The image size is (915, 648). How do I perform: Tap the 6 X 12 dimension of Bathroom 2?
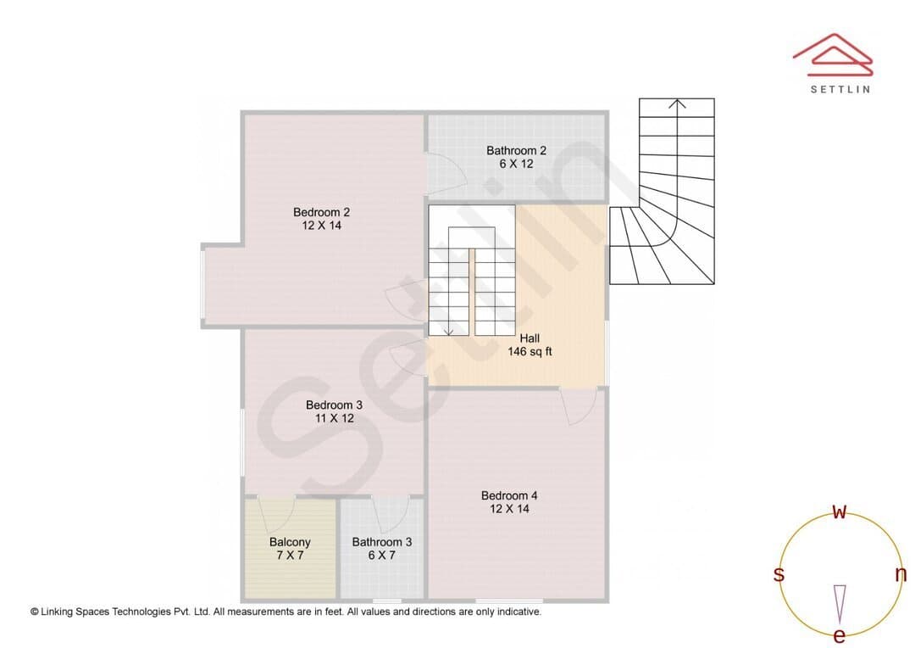[x=517, y=165]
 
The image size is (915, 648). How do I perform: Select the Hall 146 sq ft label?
[x=530, y=344]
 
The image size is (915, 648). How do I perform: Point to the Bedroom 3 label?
[x=335, y=405]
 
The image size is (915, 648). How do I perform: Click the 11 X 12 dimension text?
[x=335, y=418]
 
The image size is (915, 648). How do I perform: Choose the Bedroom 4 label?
[x=509, y=495]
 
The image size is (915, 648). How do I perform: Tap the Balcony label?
[x=290, y=542]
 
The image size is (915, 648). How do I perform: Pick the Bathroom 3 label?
[x=382, y=542]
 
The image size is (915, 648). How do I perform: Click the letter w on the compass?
[x=840, y=511]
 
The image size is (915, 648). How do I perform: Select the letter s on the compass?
[x=779, y=574]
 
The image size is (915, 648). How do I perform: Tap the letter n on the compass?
[x=901, y=574]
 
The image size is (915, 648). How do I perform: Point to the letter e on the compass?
[x=840, y=635]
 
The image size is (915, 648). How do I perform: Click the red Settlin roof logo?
[x=833, y=55]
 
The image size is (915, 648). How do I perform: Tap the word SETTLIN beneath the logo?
[x=840, y=89]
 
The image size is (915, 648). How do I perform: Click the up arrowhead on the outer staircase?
[x=677, y=104]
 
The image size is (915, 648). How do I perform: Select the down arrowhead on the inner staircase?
[x=449, y=332]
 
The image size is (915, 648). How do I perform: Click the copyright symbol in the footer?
[x=35, y=612]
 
